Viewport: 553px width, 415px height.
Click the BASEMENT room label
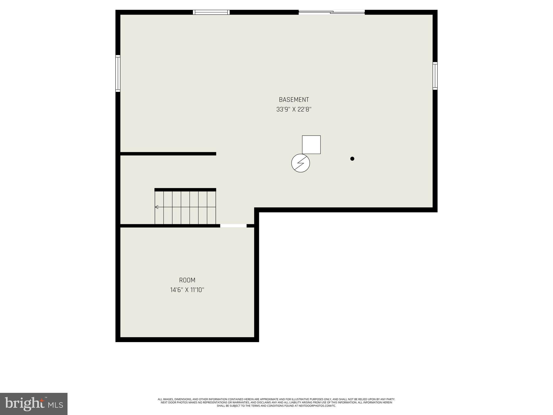pos(294,100)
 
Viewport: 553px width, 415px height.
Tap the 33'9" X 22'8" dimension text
pos(294,109)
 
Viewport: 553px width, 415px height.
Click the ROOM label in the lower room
pos(187,280)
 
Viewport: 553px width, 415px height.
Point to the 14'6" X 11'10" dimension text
pos(187,290)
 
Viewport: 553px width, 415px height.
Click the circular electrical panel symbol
pos(301,163)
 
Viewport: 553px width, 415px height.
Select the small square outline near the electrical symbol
pos(311,145)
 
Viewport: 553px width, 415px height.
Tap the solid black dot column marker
pos(352,159)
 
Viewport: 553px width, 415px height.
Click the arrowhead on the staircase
pos(157,207)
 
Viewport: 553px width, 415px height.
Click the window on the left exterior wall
pos(118,73)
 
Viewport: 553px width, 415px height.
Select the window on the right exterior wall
pos(435,76)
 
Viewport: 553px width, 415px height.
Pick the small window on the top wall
pos(211,12)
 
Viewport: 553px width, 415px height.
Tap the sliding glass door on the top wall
pos(332,12)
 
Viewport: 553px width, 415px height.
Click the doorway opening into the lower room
pos(233,226)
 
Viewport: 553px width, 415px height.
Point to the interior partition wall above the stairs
pos(168,154)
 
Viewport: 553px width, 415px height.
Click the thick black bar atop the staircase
pos(185,190)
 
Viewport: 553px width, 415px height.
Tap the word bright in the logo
pos(25,403)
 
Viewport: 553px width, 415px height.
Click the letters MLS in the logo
pos(56,405)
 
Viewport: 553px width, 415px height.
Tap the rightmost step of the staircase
pos(211,207)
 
